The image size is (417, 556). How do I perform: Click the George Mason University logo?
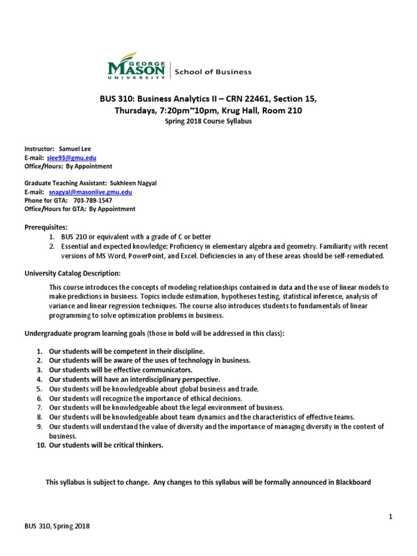coord(136,66)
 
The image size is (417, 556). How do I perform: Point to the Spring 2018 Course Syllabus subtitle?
coord(208,122)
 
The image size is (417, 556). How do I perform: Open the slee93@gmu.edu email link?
coord(72,157)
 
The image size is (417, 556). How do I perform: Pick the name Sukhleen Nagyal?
coord(137,183)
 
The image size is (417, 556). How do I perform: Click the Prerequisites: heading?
coord(46,227)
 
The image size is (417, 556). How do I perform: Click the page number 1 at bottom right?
coord(390,516)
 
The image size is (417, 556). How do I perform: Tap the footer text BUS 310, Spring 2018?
coord(57,526)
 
